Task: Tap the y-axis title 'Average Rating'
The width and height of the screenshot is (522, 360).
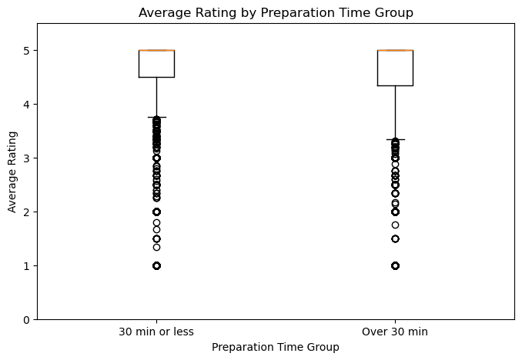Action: point(12,171)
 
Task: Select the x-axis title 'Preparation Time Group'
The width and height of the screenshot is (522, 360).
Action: point(276,347)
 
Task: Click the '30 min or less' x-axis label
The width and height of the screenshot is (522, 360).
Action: point(156,332)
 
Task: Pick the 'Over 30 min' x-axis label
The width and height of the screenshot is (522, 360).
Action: point(395,332)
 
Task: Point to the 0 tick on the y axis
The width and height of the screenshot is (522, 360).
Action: point(27,319)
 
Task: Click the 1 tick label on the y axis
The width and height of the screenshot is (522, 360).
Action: point(27,265)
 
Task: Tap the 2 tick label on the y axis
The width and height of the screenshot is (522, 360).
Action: point(27,212)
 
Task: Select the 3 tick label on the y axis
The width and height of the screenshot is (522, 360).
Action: point(27,158)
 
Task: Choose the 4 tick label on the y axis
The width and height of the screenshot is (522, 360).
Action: point(27,104)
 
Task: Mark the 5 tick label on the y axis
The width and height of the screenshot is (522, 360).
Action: point(27,50)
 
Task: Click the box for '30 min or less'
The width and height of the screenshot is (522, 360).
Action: point(156,64)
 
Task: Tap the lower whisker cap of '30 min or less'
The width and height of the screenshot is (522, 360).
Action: point(156,117)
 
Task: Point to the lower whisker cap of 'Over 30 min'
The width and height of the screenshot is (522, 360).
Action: point(395,139)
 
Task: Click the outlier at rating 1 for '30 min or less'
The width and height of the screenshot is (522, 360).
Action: point(156,265)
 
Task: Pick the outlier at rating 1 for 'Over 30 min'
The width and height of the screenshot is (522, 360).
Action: point(395,265)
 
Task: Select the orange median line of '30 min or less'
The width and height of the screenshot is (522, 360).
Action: point(156,50)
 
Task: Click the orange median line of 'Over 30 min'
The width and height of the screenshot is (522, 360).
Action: point(395,50)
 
